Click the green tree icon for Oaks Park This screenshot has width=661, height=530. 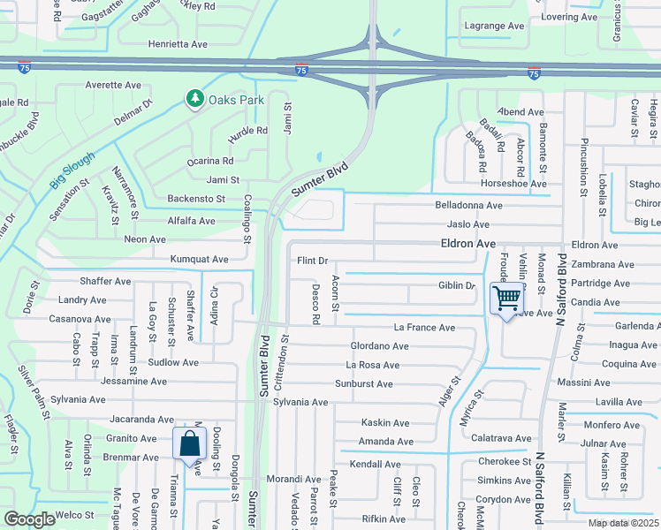[x=194, y=99]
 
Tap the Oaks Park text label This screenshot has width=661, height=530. [x=236, y=100]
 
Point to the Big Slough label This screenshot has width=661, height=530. [x=72, y=170]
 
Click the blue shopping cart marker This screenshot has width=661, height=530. [x=506, y=299]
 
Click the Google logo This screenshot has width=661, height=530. [x=29, y=519]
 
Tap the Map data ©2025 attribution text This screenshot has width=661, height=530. [x=623, y=523]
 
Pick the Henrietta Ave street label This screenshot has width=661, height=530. [x=178, y=43]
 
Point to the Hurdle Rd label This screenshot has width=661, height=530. [x=247, y=131]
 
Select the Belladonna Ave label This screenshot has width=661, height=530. [x=468, y=205]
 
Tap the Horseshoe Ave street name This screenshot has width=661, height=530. [x=513, y=184]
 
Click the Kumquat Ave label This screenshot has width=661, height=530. [x=200, y=260]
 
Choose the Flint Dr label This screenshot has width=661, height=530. [x=312, y=261]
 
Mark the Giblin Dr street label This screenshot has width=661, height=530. [x=457, y=285]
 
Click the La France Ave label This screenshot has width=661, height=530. [x=424, y=328]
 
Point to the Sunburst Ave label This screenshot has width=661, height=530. [x=363, y=383]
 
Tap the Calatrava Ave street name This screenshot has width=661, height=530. [x=501, y=438]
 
